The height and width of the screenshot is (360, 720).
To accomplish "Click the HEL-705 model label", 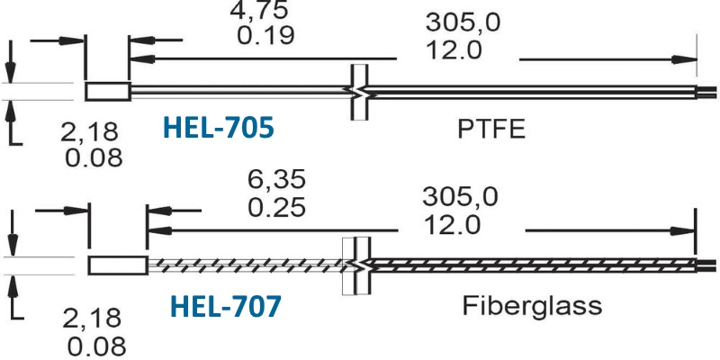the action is pos(219,128).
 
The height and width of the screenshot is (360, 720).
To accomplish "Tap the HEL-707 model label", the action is pos(226,307).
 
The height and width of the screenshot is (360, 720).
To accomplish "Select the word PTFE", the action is pos(490,130).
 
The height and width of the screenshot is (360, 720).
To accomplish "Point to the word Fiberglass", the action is pos(532,306).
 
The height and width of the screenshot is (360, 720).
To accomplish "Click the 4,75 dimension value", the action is pos(259,10).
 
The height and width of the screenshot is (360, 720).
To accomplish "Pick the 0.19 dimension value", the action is pos(265,35).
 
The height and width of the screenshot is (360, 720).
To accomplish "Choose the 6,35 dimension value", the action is pos(276,179).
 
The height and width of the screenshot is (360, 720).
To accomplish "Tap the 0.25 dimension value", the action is pos(276,207).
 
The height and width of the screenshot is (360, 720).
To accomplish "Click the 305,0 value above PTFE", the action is pos(463,22).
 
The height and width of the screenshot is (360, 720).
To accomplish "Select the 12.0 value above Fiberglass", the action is pos(452,225).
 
